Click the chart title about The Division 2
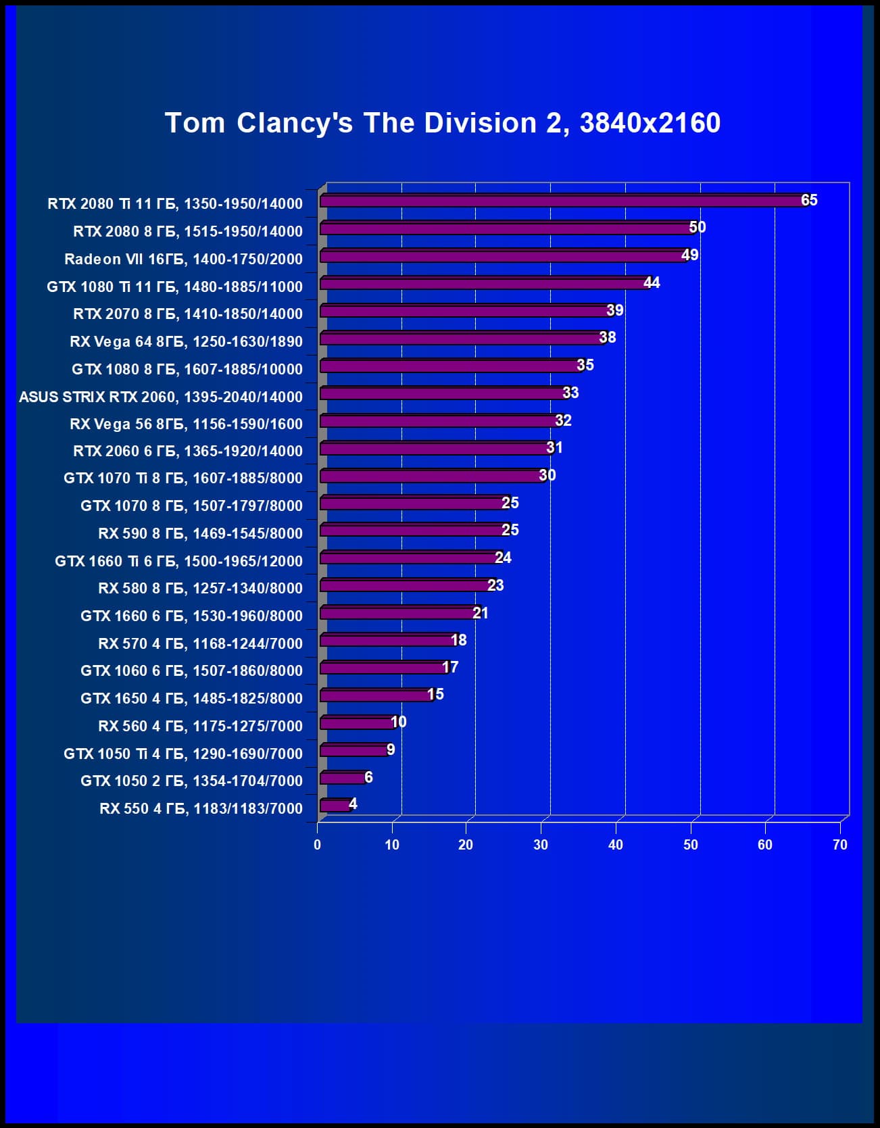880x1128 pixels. click(443, 123)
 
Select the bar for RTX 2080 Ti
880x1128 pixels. click(561, 201)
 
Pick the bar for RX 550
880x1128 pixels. click(335, 805)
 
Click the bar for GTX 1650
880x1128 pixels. click(375, 695)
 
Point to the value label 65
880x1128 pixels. click(809, 200)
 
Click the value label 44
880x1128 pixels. click(652, 283)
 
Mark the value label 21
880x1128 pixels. click(480, 613)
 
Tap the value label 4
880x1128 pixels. click(353, 804)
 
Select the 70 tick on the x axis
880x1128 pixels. click(839, 845)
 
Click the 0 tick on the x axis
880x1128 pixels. click(317, 845)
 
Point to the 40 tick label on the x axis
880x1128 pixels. click(615, 845)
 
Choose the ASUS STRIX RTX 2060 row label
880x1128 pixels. click(161, 397)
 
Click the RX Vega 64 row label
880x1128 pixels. click(186, 342)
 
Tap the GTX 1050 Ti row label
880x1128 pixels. click(183, 754)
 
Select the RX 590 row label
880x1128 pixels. click(200, 534)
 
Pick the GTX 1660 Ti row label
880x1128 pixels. click(178, 561)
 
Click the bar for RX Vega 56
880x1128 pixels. click(439, 421)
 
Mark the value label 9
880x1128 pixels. click(391, 750)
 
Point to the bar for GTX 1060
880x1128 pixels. click(383, 668)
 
